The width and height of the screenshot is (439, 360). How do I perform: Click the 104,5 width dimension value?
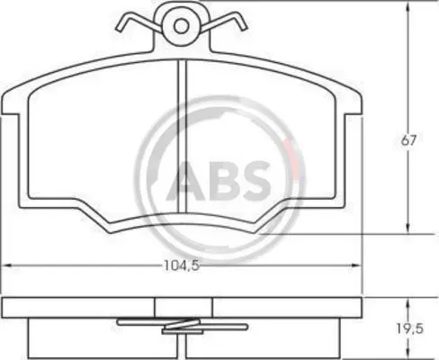pos(182,265)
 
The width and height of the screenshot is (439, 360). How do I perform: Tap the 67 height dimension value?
pos(409,140)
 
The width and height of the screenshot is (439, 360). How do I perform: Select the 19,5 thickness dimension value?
pos(410,329)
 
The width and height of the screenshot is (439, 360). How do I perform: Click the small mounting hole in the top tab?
pos(181,26)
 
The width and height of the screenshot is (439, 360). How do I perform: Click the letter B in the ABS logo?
pos(221,181)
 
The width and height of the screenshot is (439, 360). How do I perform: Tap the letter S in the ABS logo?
pos(254,181)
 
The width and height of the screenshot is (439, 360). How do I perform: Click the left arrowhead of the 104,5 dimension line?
pos(6,265)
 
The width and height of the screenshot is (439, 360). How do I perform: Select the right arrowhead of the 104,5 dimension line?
pos(355,265)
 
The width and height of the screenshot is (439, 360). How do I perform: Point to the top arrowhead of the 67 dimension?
pos(408,7)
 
